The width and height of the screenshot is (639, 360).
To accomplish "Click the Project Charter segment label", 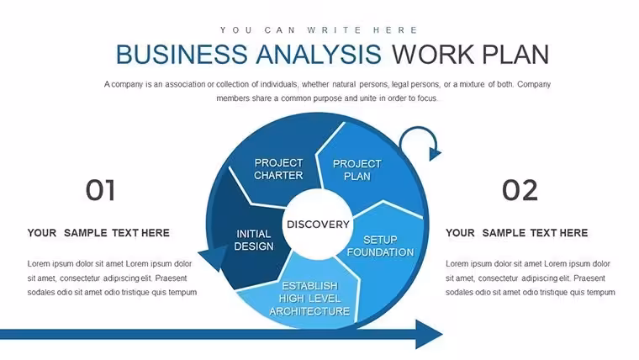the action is click(279, 169).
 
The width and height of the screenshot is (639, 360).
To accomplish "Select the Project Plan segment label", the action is click(357, 170).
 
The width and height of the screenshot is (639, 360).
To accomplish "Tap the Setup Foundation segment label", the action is click(380, 246).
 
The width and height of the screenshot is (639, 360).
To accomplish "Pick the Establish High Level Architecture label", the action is click(309, 299).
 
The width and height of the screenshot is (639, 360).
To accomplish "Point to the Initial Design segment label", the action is click(253, 240).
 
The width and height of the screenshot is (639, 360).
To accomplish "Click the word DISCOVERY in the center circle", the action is click(318, 225).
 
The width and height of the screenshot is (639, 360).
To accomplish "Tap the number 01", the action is click(100, 190).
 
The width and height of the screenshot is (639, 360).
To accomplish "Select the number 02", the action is click(520, 190).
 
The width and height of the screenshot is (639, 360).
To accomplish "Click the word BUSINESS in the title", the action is click(182, 55).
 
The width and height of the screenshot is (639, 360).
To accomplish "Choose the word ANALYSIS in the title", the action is click(319, 55).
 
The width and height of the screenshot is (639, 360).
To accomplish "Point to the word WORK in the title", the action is click(433, 55).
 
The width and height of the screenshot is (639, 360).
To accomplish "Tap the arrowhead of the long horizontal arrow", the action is click(428, 334).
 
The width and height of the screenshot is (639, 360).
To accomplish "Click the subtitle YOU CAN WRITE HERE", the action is click(319, 30).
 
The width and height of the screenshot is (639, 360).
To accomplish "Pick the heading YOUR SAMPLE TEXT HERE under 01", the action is click(98, 233).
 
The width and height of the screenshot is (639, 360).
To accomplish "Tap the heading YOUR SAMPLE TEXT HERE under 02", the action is click(517, 233).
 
